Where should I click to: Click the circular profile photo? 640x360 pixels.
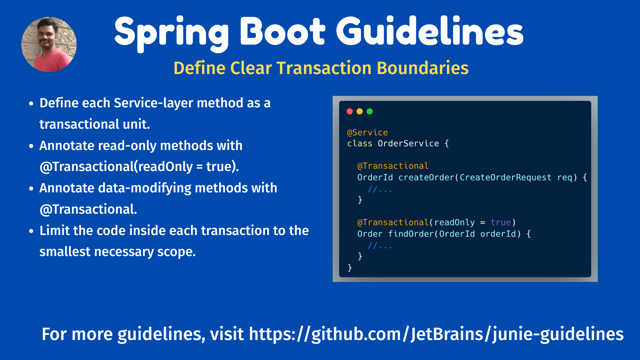point(49,44)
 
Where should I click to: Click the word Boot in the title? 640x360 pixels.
point(282,31)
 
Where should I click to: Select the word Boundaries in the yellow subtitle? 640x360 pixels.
point(423,68)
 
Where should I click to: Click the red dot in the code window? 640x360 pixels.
point(350,111)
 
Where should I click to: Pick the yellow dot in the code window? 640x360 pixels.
point(360,111)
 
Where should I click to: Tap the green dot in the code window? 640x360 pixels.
point(370,111)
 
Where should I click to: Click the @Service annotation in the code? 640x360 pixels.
point(367,132)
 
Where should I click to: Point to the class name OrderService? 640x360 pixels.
point(408,143)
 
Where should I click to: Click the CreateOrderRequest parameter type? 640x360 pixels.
point(505,177)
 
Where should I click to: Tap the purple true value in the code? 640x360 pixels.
point(501,222)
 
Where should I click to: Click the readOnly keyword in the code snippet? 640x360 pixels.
point(454,222)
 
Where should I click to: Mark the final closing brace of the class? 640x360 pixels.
point(350,268)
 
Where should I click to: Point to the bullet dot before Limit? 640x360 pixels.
point(31,231)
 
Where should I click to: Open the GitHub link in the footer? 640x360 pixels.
point(436,334)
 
